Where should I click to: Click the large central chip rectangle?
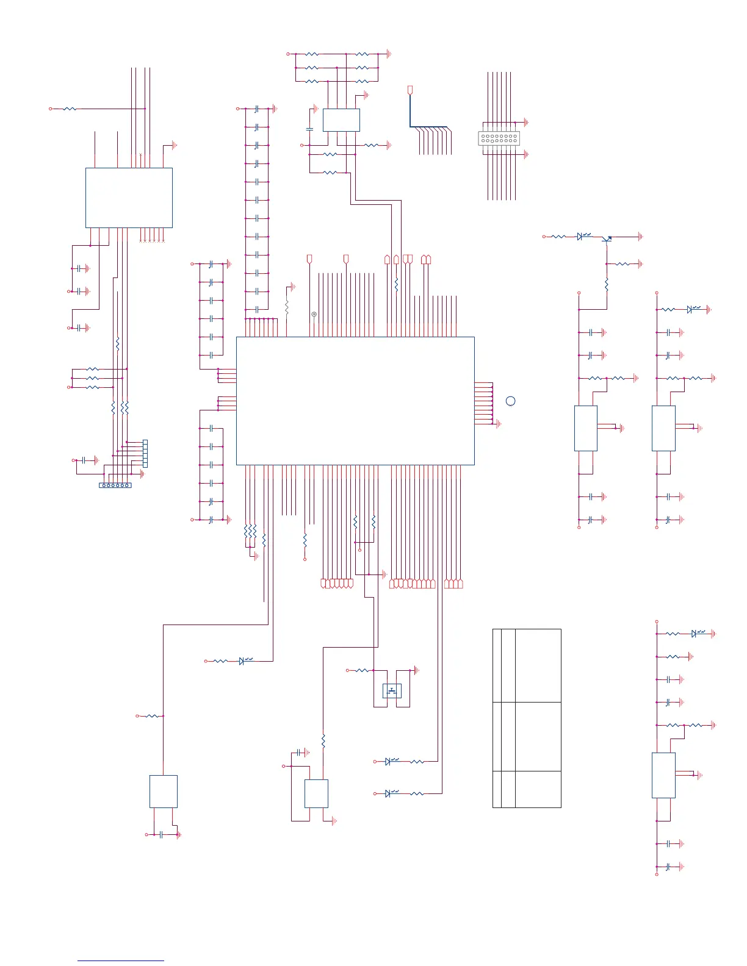355,401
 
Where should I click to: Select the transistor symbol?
607,238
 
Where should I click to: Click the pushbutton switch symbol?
392,691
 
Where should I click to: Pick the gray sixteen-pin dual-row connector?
499,138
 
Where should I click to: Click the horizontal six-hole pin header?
115,485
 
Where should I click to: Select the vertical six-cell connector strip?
145,454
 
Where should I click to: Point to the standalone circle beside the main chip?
511,401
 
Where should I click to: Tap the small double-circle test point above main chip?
314,314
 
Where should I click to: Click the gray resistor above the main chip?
286,307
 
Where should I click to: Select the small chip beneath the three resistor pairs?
341,120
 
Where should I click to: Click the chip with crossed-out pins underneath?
129,198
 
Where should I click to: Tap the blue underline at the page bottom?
121,961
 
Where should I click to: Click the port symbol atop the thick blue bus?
410,90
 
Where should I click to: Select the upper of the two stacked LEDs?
388,762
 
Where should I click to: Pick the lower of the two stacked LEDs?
388,793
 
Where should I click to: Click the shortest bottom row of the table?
527,789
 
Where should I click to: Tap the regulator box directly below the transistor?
586,428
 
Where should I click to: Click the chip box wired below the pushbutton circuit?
316,793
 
